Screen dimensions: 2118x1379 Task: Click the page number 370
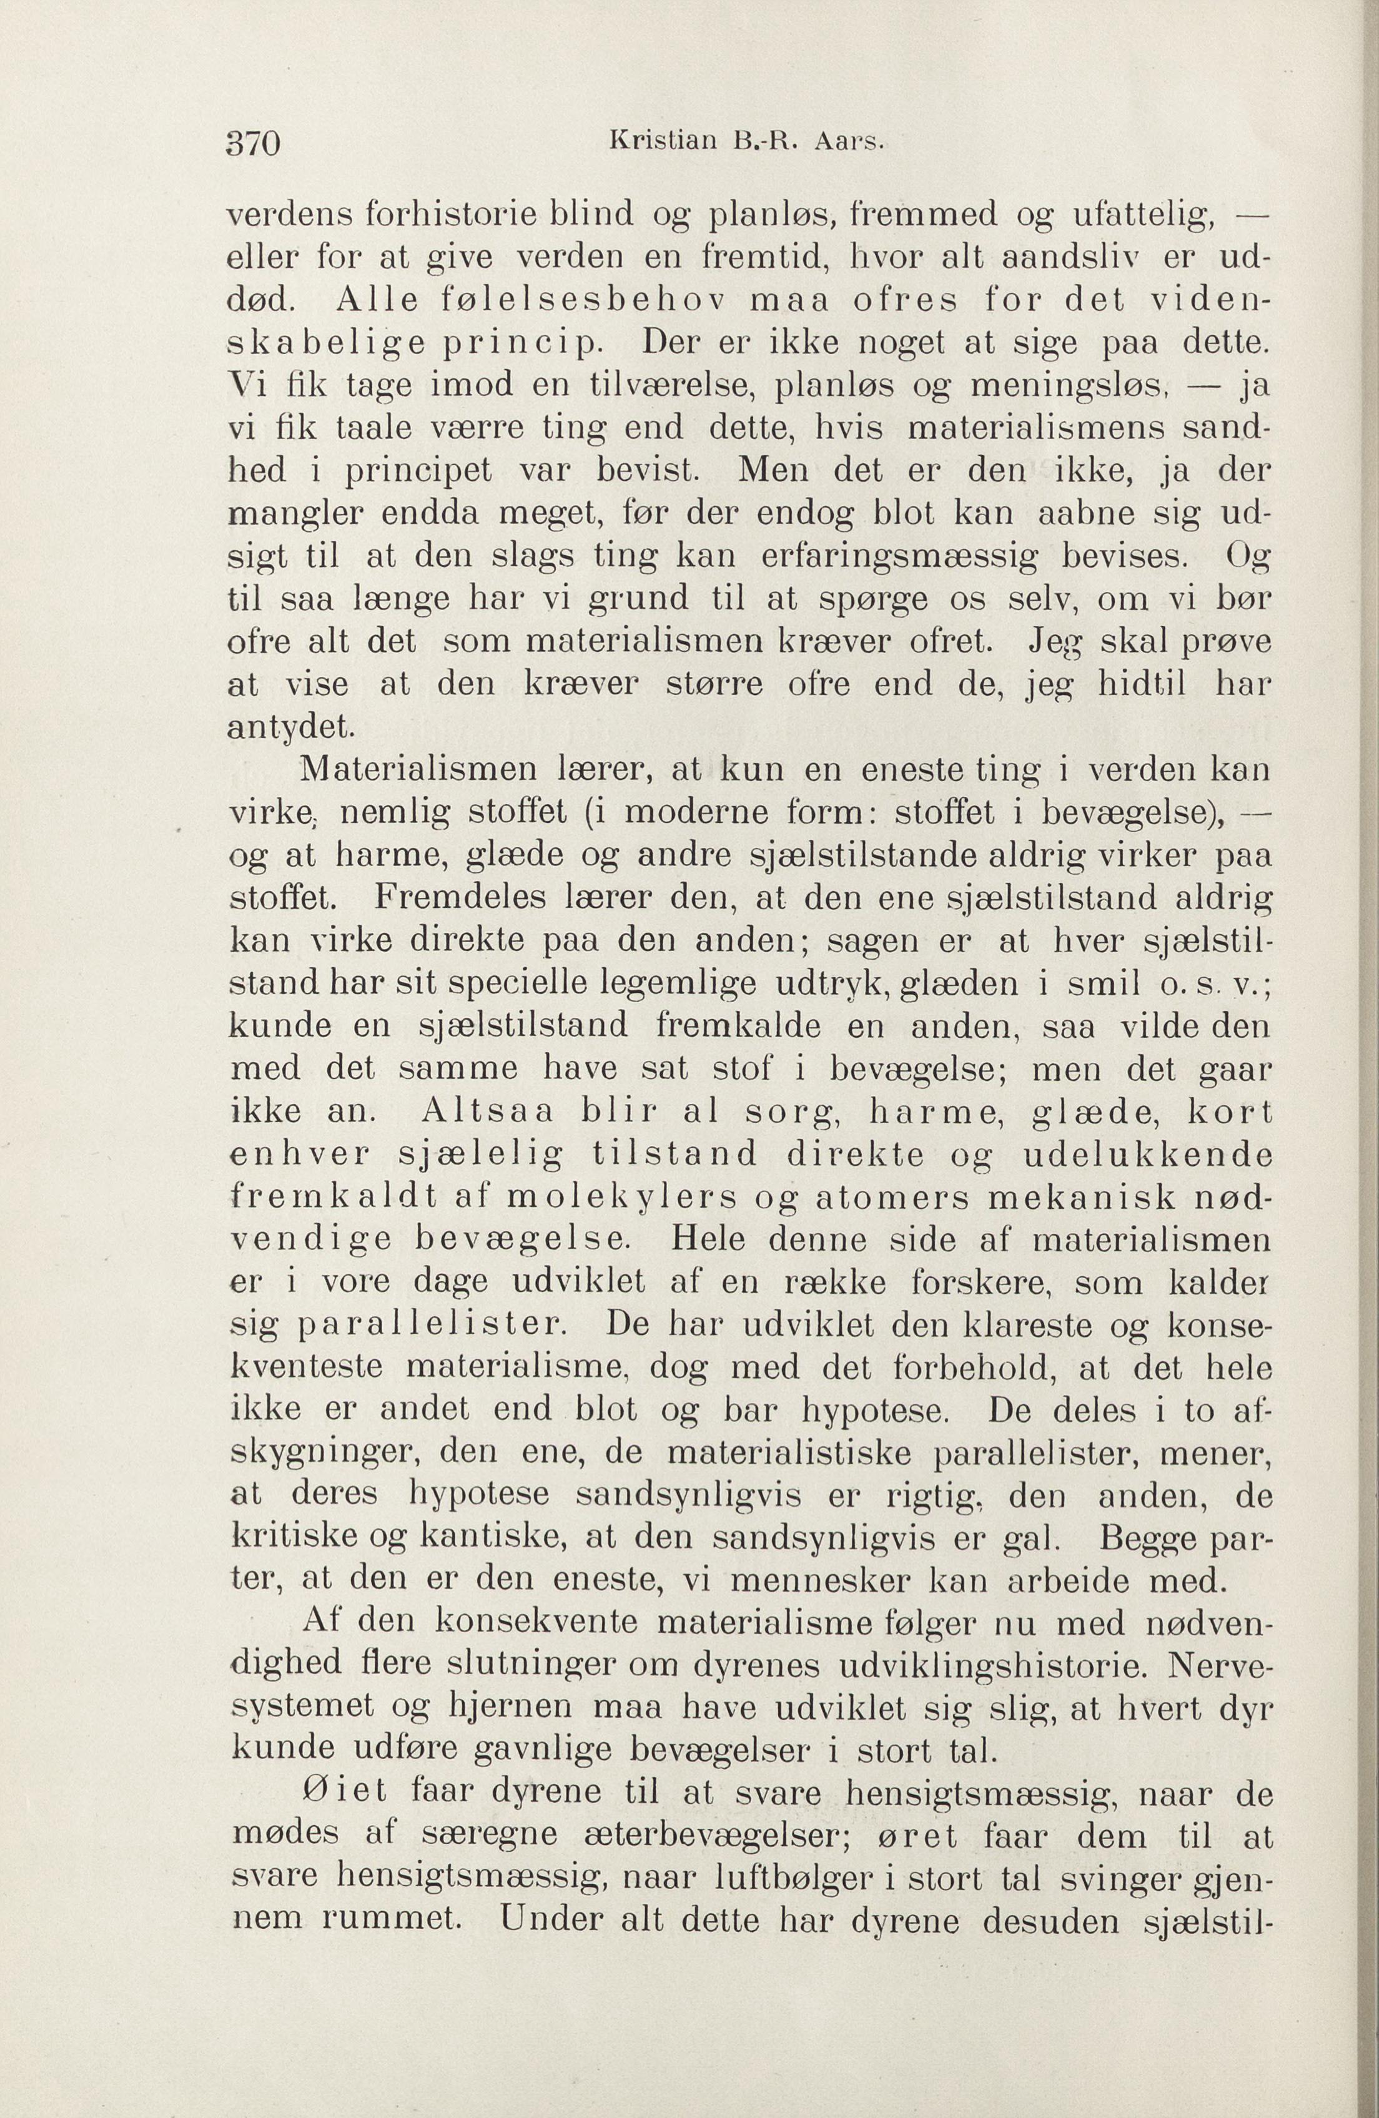click(x=255, y=142)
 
